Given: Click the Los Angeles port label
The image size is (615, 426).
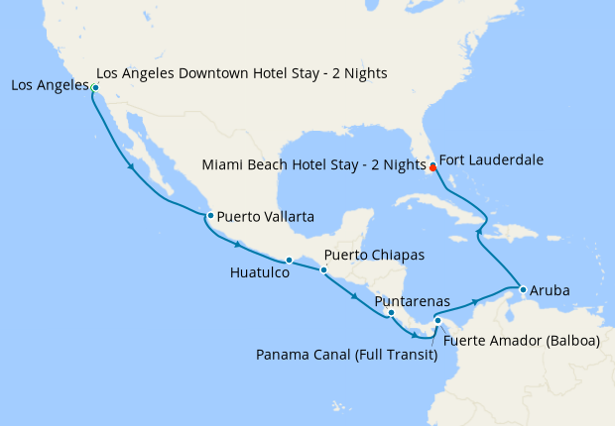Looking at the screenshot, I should click(x=47, y=86).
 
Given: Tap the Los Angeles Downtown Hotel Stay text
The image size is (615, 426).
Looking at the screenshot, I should click(x=242, y=73).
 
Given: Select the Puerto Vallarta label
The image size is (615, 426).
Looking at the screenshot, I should click(x=266, y=215).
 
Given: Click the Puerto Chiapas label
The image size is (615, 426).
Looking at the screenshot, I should click(x=374, y=255).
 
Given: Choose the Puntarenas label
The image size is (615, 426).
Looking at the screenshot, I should click(x=413, y=300).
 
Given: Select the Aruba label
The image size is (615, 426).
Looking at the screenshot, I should click(x=551, y=291).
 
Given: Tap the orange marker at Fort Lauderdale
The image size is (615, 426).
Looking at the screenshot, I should click(x=432, y=167).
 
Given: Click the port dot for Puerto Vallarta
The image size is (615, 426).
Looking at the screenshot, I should click(x=209, y=215).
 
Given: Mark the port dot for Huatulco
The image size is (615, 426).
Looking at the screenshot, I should click(x=289, y=261).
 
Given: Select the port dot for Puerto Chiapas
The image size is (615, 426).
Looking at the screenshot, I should click(x=323, y=269).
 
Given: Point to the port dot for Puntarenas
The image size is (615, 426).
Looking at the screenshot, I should click(x=391, y=313).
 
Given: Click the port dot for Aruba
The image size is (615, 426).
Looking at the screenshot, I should click(x=522, y=289).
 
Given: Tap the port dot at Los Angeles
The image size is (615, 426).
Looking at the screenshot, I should click(x=95, y=88).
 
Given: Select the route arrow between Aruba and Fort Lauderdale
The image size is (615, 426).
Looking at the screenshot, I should click(x=479, y=231).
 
